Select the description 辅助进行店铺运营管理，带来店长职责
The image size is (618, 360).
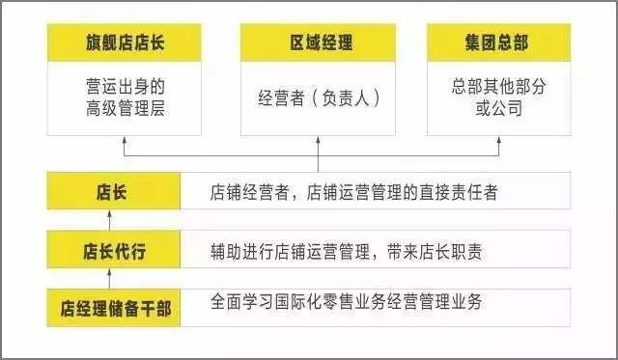point(346,251)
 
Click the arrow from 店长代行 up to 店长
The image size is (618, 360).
point(110,220)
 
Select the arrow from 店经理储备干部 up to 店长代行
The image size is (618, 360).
point(110,279)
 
